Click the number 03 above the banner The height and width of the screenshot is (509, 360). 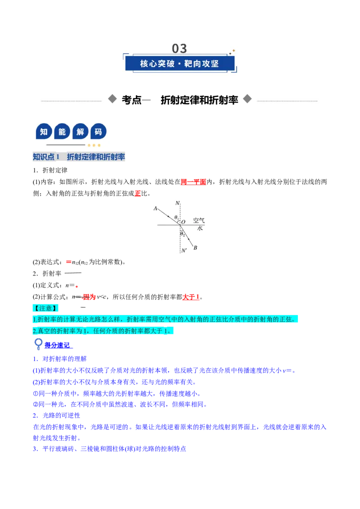(x=180, y=49)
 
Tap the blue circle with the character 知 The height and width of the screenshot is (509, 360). (x=44, y=131)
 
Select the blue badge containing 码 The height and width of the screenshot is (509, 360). (x=98, y=131)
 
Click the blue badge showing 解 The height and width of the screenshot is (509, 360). (x=80, y=131)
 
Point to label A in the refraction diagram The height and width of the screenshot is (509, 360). (x=155, y=208)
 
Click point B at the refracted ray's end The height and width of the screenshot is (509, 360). (x=195, y=248)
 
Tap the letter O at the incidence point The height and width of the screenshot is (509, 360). (x=183, y=222)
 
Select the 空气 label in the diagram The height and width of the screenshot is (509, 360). (x=199, y=220)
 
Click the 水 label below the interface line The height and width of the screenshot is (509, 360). (x=200, y=228)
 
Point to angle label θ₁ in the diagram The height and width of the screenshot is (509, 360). (x=176, y=217)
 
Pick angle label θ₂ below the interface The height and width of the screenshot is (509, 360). (x=183, y=234)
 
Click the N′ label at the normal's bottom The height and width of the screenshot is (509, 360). (x=184, y=250)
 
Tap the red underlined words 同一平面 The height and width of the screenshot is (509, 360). (x=193, y=182)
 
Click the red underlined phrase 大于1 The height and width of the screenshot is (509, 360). (x=191, y=297)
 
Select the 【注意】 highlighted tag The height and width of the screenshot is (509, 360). (x=45, y=308)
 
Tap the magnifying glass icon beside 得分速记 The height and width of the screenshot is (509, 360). (x=38, y=344)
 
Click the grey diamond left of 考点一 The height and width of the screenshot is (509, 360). (x=112, y=98)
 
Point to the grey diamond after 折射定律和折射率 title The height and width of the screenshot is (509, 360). (x=247, y=98)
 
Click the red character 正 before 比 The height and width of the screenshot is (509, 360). (x=138, y=193)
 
